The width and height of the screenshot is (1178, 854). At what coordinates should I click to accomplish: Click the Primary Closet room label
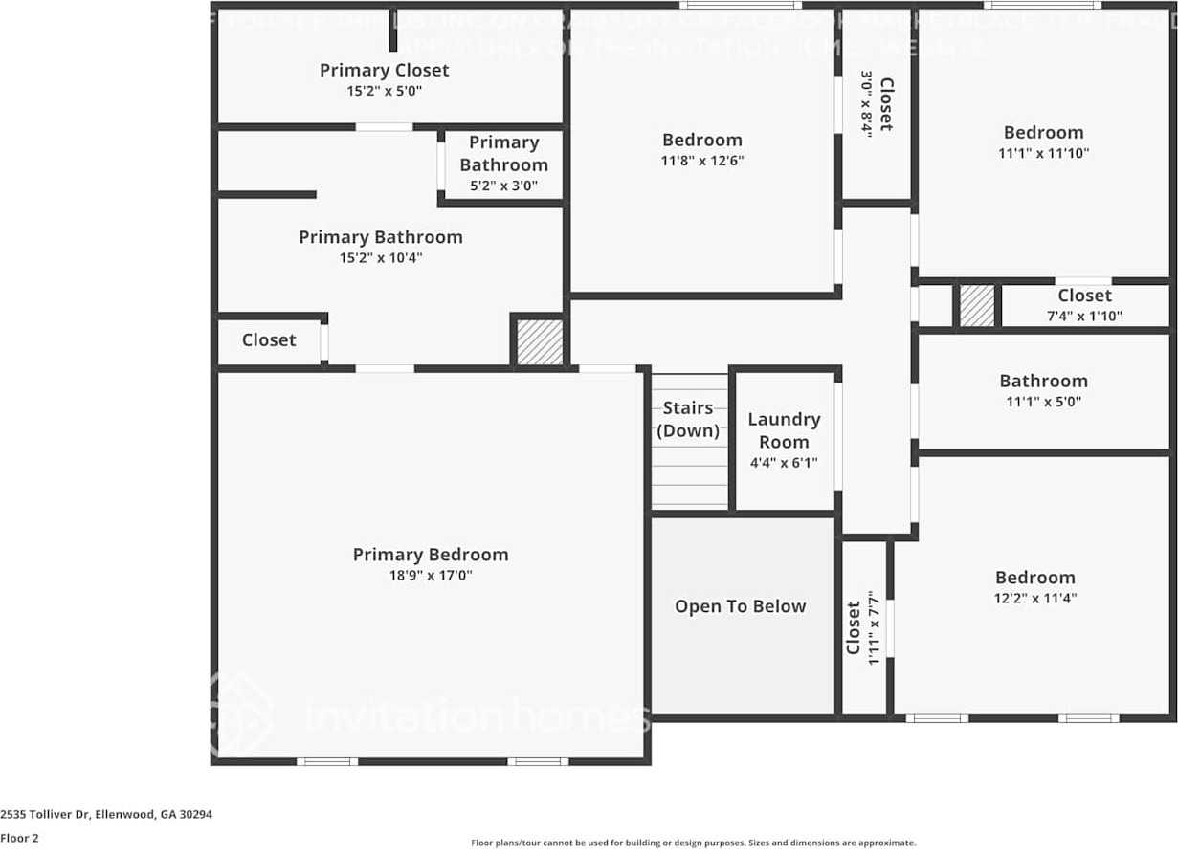(384, 70)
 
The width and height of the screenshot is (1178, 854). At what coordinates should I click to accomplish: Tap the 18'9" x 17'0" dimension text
(430, 576)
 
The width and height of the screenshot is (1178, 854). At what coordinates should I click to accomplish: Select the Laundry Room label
(784, 430)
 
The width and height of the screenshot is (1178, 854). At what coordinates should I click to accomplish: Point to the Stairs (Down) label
(687, 419)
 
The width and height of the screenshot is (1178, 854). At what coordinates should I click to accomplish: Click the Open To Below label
(740, 606)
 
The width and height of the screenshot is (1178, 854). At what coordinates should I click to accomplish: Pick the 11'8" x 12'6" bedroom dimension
(701, 161)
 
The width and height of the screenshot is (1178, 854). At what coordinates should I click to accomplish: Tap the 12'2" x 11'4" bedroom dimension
(1034, 599)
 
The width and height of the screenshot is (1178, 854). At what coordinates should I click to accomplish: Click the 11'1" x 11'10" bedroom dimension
(1043, 153)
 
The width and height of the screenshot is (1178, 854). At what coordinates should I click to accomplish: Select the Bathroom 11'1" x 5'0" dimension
(1043, 403)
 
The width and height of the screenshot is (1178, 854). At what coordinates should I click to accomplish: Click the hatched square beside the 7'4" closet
(977, 306)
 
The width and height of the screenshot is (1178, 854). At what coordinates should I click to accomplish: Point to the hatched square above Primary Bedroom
(540, 341)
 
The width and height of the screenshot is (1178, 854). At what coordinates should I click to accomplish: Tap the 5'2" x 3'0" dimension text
(503, 186)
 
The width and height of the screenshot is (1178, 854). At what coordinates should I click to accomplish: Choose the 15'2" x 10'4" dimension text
(380, 258)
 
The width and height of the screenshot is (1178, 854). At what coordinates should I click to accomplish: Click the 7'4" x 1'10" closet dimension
(1084, 316)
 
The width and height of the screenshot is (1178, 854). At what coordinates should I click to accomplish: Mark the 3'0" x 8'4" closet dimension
(866, 103)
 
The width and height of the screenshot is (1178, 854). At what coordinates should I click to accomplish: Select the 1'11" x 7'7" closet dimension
(872, 627)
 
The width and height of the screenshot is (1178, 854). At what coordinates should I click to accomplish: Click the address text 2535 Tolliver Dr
(106, 815)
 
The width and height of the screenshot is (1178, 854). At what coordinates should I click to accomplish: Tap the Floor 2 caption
(19, 837)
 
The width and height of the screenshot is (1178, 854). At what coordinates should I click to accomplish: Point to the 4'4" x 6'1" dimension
(784, 463)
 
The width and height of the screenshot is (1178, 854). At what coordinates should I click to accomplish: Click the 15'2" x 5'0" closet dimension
(384, 91)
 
